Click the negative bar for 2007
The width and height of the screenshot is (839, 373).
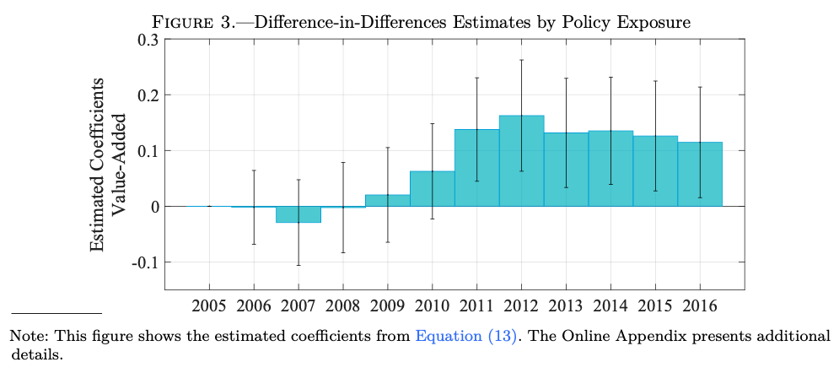pos(298,214)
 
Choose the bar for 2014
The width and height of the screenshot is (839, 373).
pos(610,168)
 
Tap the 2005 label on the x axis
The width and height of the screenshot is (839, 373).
pos(209,305)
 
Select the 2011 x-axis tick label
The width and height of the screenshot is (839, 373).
pos(476,305)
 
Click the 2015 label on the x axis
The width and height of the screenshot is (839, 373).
pos(655,305)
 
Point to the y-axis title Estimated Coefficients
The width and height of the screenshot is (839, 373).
pos(99,164)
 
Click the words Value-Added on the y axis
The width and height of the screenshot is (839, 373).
pos(119,164)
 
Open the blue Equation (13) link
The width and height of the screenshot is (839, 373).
pos(465,337)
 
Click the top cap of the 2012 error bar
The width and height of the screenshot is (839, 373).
pos(522,60)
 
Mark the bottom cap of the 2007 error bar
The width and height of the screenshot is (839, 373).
pos(298,265)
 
